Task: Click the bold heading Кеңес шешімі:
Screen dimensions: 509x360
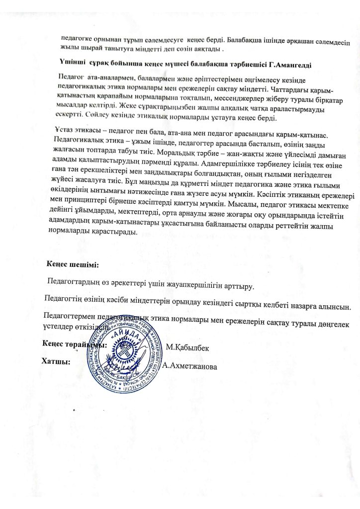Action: [73, 263]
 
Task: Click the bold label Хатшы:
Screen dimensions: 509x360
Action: [56, 361]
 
